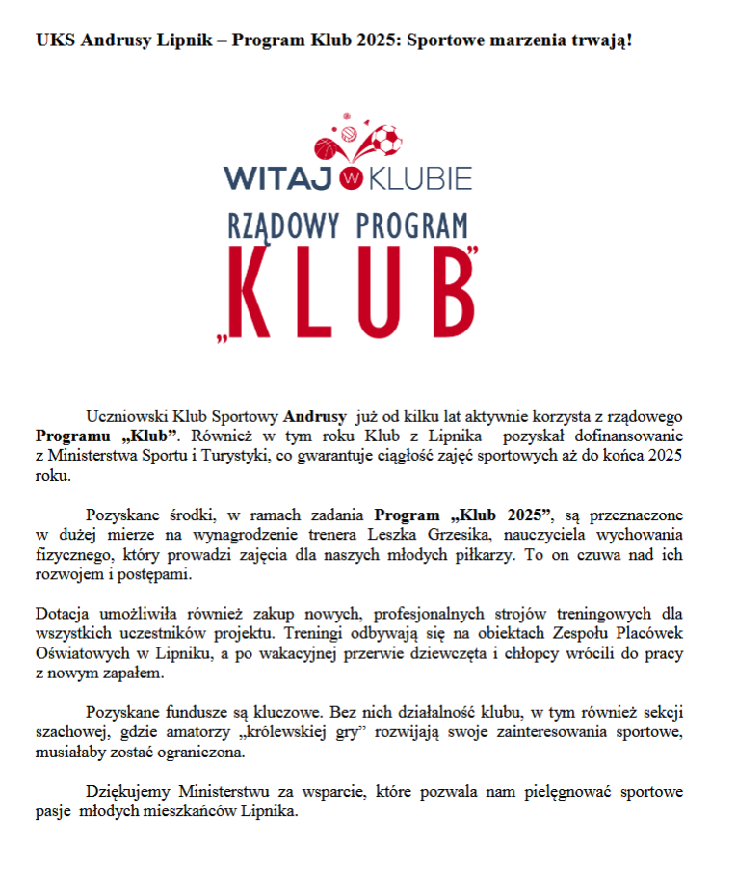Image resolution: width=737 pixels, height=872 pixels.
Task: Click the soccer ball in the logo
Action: point(385,142)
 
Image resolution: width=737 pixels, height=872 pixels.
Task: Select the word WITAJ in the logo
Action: point(278,177)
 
